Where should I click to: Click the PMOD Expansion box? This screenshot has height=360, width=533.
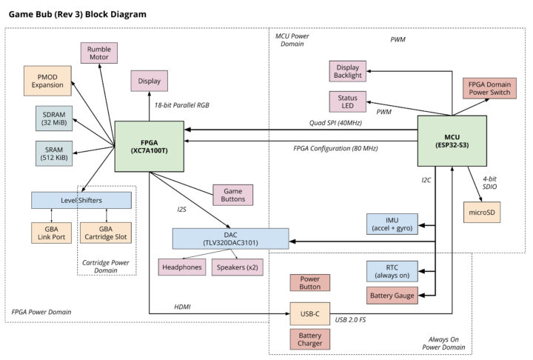pos(47,80)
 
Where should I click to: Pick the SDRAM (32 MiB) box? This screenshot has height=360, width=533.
pos(54,119)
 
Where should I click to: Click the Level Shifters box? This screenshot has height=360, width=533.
pos(81,200)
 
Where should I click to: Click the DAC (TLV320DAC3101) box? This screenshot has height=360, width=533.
pos(229,239)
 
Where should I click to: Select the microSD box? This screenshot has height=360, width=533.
pos(482,211)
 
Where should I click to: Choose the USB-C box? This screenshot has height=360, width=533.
pos(309,314)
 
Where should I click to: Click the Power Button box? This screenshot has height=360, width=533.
pos(309,283)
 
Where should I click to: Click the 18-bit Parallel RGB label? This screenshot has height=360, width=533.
pos(181,105)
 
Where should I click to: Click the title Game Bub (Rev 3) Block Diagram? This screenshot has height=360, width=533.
pos(77,13)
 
